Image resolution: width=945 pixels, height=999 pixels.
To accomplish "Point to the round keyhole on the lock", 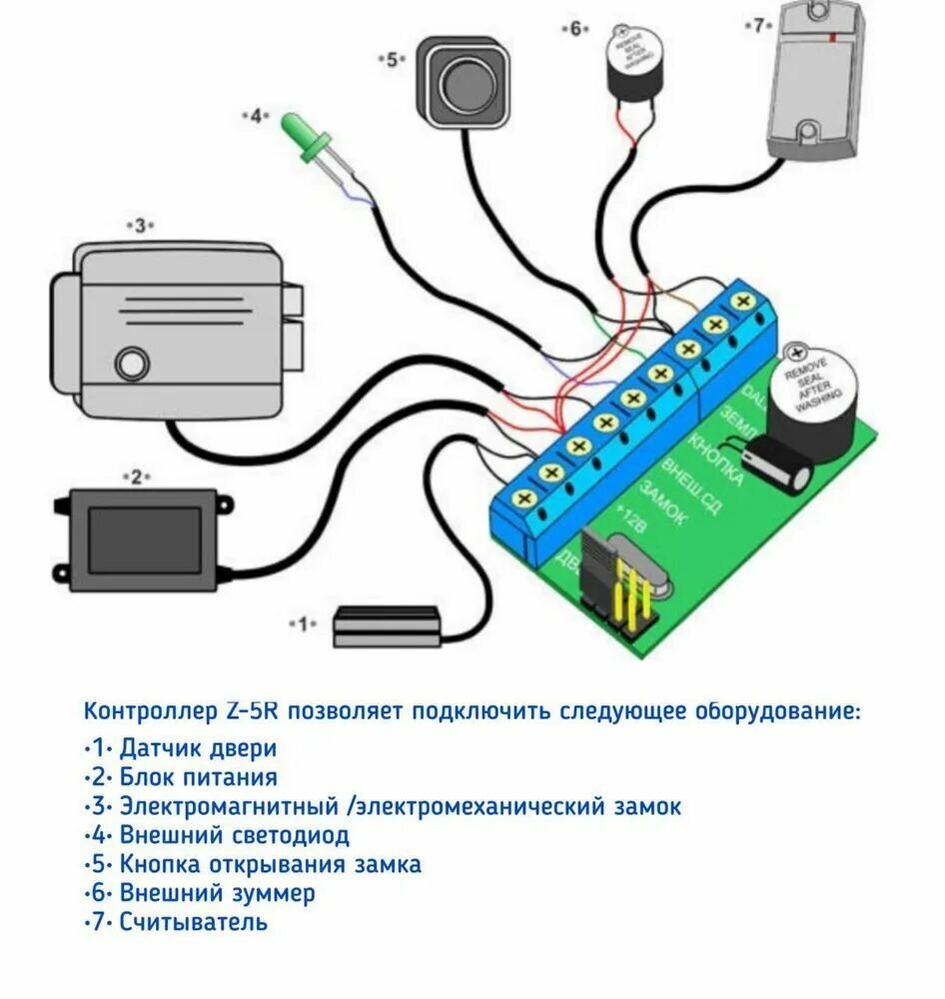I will [129, 363].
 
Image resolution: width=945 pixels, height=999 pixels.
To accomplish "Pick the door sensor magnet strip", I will [386, 626].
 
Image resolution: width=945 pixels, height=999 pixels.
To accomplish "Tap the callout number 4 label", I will [256, 116].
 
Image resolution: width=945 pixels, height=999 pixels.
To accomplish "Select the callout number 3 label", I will [141, 226].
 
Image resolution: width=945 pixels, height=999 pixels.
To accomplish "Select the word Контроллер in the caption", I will [150, 711].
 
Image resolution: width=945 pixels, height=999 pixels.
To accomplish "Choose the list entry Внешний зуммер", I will [217, 892].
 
